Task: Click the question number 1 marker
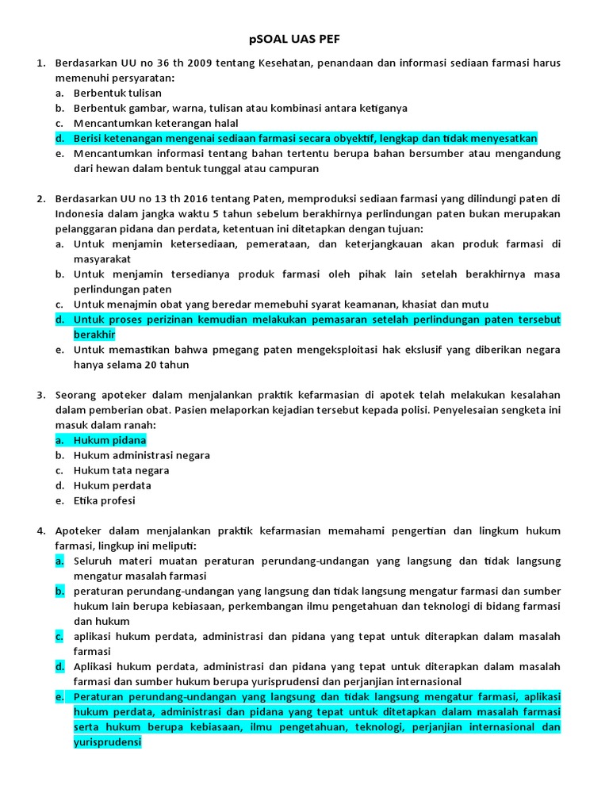[x=40, y=63]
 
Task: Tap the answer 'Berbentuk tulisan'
[x=117, y=93]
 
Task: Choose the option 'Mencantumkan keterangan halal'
[x=155, y=123]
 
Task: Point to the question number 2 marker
[x=40, y=199]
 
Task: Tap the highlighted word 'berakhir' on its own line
[x=94, y=335]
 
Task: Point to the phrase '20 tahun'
[x=167, y=365]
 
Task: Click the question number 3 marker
[x=40, y=395]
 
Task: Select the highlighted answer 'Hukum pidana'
[x=109, y=440]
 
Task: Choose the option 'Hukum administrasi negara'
[x=142, y=455]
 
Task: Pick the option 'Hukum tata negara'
[x=121, y=470]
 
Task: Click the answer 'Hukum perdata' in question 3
[x=112, y=485]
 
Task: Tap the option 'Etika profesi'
[x=105, y=500]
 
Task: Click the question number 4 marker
[x=40, y=530]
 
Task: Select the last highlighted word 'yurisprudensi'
[x=107, y=742]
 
